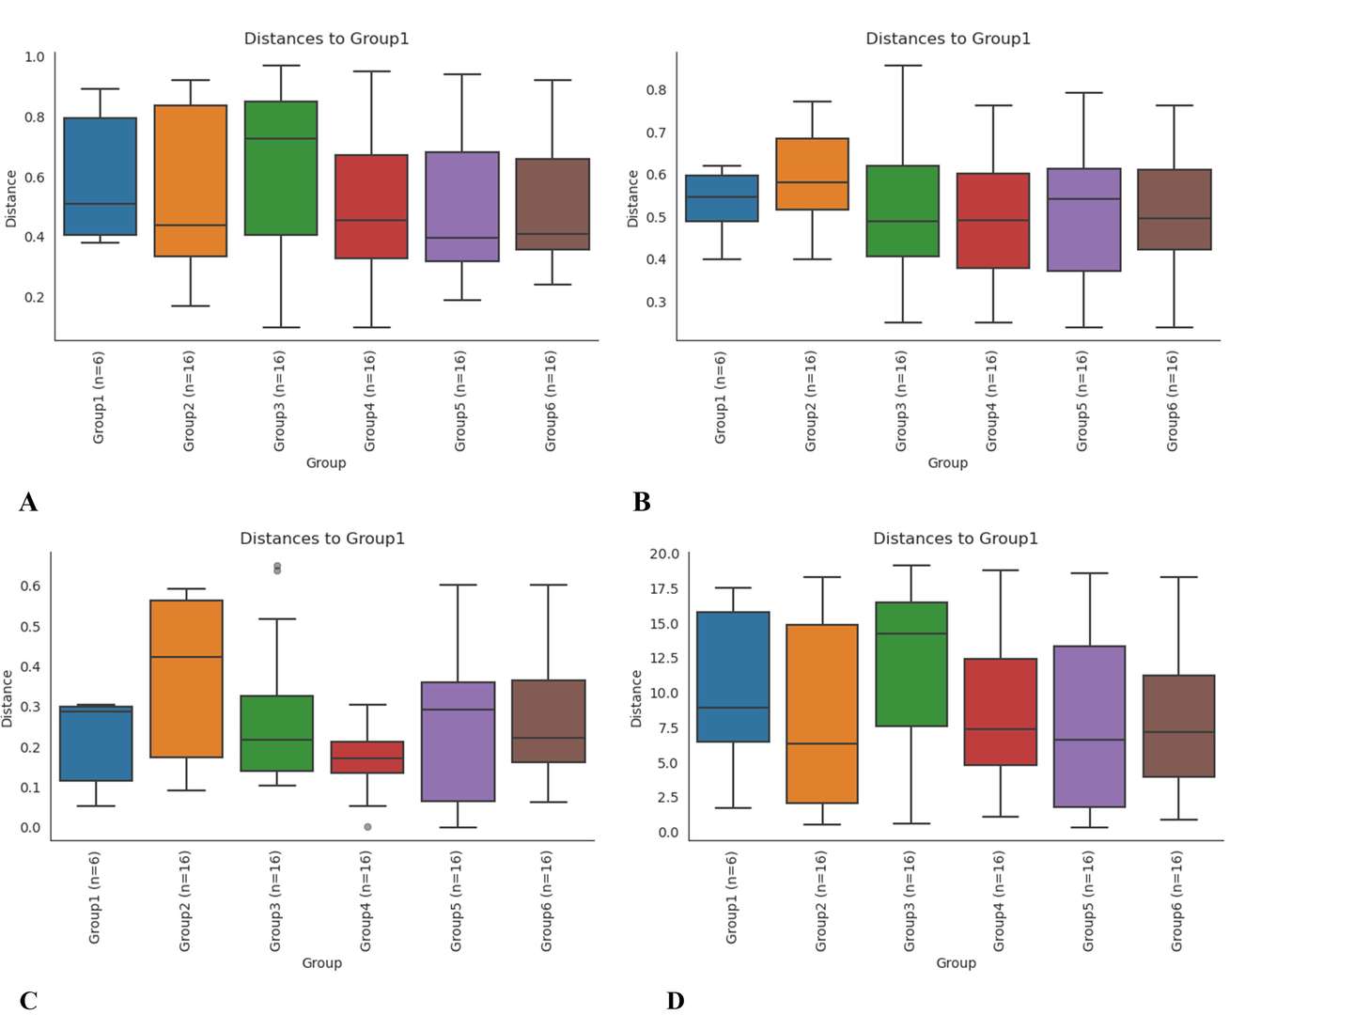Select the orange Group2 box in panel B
coord(812,174)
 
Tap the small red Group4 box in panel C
coord(367,757)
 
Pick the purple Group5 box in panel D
coord(1090,726)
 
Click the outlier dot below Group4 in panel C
coord(367,827)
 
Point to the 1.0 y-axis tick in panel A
coord(34,56)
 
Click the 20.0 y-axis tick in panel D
coord(663,554)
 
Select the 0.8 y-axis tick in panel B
coord(656,90)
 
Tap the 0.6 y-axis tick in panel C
coord(30,586)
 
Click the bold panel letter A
coord(28,503)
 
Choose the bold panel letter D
coord(675,1001)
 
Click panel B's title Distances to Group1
coord(947,39)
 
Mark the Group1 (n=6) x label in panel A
coord(99,398)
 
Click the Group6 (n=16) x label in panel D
coord(1176,900)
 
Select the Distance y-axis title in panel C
coord(8,698)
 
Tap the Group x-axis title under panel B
coord(947,462)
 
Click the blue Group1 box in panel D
coord(733,677)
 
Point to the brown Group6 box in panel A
coord(552,204)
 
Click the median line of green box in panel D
coord(911,633)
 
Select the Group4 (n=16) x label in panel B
coord(991,400)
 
